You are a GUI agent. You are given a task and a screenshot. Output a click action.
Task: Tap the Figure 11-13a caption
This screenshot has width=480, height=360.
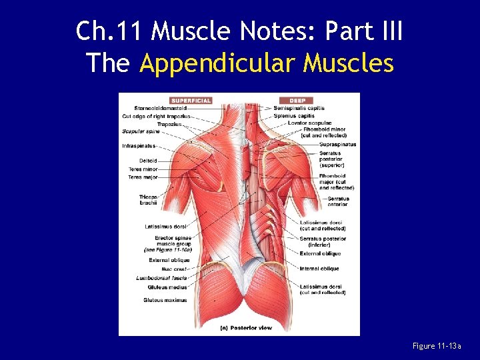pos(437,346)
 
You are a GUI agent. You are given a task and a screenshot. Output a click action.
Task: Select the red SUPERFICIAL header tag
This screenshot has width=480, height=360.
pos(190,101)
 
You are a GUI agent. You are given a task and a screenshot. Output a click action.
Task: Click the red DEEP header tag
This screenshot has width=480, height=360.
pos(297,101)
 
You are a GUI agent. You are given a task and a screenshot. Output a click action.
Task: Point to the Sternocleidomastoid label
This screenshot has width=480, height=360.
pos(160,108)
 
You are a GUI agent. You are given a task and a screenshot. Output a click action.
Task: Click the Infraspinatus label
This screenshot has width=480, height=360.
pos(139,145)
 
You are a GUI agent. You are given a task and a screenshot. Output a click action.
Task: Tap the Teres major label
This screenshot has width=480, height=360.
pos(143,177)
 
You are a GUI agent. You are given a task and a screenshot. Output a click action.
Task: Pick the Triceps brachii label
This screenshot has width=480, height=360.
pos(148,199)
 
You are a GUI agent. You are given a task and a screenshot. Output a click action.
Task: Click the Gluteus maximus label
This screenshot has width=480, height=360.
pos(165,300)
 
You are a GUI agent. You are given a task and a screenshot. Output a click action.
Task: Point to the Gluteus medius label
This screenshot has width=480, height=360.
pos(167,287)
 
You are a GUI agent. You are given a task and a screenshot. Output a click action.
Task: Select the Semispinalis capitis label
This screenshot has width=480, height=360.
pos(299,108)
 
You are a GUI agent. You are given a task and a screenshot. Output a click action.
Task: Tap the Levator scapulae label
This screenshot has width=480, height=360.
pos(309,123)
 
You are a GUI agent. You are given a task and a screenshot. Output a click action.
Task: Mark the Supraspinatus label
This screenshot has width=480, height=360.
pos(337,144)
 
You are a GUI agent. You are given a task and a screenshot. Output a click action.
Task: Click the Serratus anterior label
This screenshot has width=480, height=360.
pos(338,201)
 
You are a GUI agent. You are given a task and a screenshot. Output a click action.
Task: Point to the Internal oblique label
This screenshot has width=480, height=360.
pos(319,269)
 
